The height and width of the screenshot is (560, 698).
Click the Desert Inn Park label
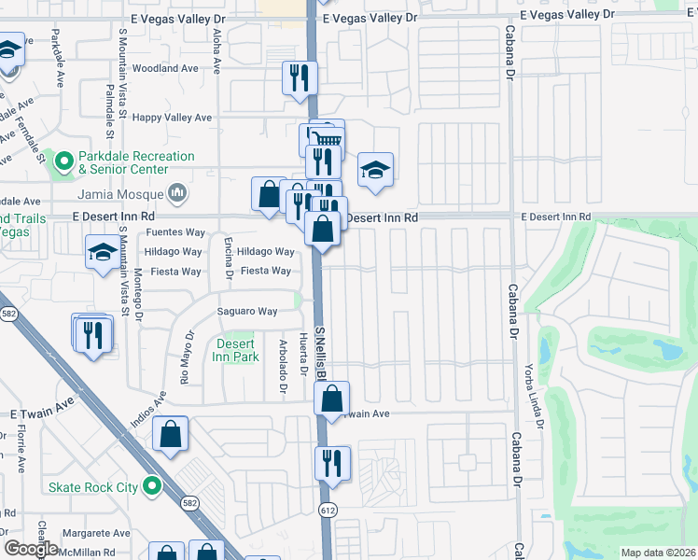[235, 350]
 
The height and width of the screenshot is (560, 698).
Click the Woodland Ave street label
[165, 68]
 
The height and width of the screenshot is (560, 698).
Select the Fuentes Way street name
[174, 232]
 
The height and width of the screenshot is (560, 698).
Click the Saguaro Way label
[247, 311]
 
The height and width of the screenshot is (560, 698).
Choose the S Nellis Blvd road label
[320, 355]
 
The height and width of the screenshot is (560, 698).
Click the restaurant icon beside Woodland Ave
[300, 77]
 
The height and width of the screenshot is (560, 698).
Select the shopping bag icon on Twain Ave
[332, 398]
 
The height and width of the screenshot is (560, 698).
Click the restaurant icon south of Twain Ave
[332, 462]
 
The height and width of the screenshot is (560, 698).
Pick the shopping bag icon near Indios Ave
[171, 433]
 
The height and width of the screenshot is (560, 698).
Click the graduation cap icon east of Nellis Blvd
[375, 170]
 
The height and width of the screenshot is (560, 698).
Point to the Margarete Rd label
[96, 534]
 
